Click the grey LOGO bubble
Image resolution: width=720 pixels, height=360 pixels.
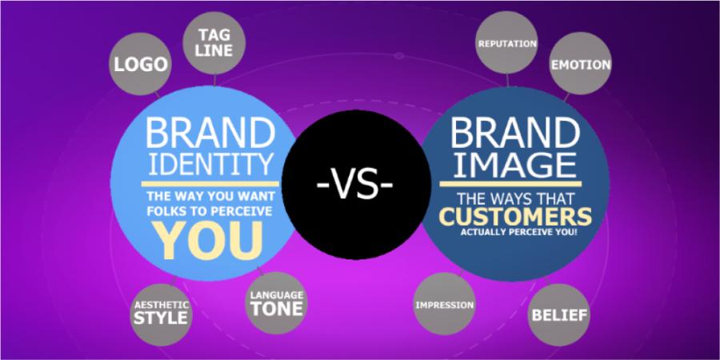pyautogui.click(x=140, y=64)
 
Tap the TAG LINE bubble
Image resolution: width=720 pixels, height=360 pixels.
pyautogui.click(x=214, y=43)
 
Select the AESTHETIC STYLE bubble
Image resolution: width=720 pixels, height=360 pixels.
pyautogui.click(x=161, y=314)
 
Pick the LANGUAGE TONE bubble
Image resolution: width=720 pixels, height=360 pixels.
pyautogui.click(x=277, y=303)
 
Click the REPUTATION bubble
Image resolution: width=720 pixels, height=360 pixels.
pyautogui.click(x=507, y=44)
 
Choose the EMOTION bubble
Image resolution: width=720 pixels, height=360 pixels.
pyautogui.click(x=581, y=64)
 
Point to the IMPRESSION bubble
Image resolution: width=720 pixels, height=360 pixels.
pyautogui.click(x=445, y=304)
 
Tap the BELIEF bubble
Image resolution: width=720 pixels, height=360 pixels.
pyautogui.click(x=559, y=315)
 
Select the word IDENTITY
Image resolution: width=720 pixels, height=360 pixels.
pyautogui.click(x=210, y=164)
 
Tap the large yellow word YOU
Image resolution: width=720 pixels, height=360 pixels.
pyautogui.click(x=210, y=240)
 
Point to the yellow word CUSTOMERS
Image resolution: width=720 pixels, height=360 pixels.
pyautogui.click(x=517, y=216)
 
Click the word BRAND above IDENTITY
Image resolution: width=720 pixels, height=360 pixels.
pyautogui.click(x=210, y=132)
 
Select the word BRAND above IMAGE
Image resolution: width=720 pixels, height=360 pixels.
pyautogui.click(x=514, y=131)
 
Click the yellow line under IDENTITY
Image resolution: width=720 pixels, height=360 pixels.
pyautogui.click(x=210, y=184)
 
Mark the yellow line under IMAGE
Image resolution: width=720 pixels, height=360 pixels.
pyautogui.click(x=510, y=184)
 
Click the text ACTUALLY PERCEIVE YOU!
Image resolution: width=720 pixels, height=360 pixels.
pyautogui.click(x=518, y=232)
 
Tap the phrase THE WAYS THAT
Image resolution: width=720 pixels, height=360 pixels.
pyautogui.click(x=515, y=199)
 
